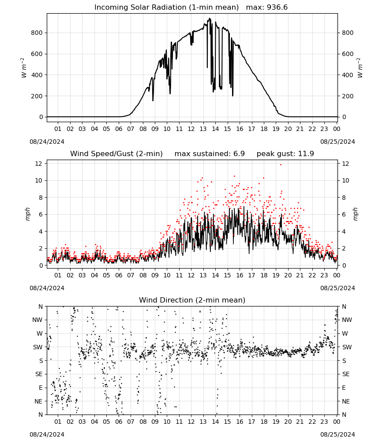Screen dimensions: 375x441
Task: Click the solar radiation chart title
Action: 166,7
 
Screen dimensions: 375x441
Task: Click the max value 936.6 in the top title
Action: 277,7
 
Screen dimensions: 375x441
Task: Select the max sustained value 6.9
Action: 239,153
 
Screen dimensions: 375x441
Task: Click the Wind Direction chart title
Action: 192,300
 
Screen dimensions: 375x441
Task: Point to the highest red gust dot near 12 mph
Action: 281,164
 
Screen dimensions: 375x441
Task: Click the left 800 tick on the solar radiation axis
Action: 37,33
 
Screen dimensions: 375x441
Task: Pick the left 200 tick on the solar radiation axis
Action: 37,96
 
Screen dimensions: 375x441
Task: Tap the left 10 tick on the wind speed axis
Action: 39,180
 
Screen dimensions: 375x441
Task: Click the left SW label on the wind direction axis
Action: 38,347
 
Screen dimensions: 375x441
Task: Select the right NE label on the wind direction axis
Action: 346,401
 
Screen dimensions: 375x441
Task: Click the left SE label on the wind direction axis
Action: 39,374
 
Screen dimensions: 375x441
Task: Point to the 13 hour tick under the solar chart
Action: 203,129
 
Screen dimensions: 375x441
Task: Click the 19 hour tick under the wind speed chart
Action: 276,275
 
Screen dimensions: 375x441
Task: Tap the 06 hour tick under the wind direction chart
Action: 118,422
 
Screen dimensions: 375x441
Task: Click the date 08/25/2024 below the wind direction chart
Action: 337,434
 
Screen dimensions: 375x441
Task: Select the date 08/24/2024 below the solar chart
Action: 47,142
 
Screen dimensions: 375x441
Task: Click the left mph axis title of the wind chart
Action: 27,214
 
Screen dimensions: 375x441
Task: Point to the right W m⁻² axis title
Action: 360,68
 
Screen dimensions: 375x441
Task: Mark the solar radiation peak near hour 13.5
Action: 209,19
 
